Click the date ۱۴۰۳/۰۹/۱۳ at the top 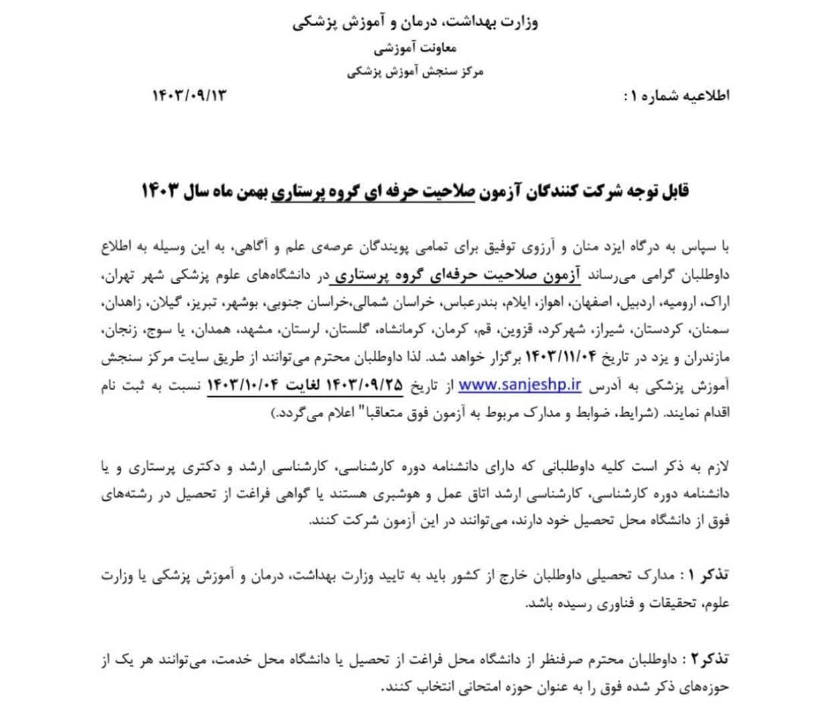click(190, 95)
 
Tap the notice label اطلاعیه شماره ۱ click(676, 95)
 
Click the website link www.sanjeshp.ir click(520, 385)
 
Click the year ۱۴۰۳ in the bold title click(161, 191)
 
